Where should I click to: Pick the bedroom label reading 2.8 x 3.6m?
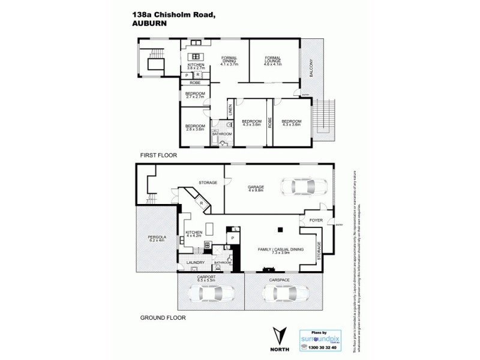pyautogui.click(x=195, y=127)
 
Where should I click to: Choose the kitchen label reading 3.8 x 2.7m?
pyautogui.click(x=196, y=67)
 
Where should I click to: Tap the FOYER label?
pyautogui.click(x=316, y=220)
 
